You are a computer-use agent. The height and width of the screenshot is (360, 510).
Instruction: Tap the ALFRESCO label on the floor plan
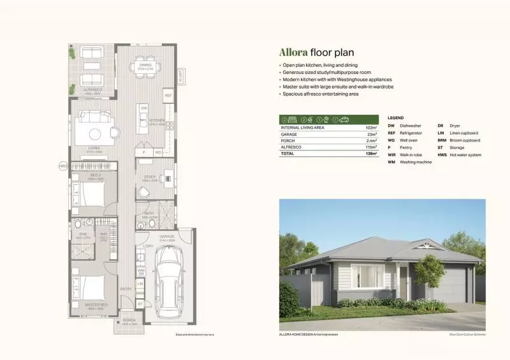point(93,90)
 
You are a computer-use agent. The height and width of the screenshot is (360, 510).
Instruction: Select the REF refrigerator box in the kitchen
point(168,96)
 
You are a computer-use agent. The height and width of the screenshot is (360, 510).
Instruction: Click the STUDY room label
point(150,177)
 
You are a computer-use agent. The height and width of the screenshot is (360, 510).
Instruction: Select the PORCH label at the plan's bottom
point(129,321)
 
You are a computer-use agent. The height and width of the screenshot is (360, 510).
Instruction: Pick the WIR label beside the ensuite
point(103,234)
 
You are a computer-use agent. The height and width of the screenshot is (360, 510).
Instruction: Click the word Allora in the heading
point(293,53)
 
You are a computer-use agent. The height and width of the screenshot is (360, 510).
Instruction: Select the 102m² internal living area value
point(369,128)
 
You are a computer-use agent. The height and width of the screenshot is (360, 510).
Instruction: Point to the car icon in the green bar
point(345,119)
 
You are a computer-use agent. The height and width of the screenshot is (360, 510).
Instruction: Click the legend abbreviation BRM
point(442,140)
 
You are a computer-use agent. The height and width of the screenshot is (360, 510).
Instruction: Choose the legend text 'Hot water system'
point(465,155)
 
